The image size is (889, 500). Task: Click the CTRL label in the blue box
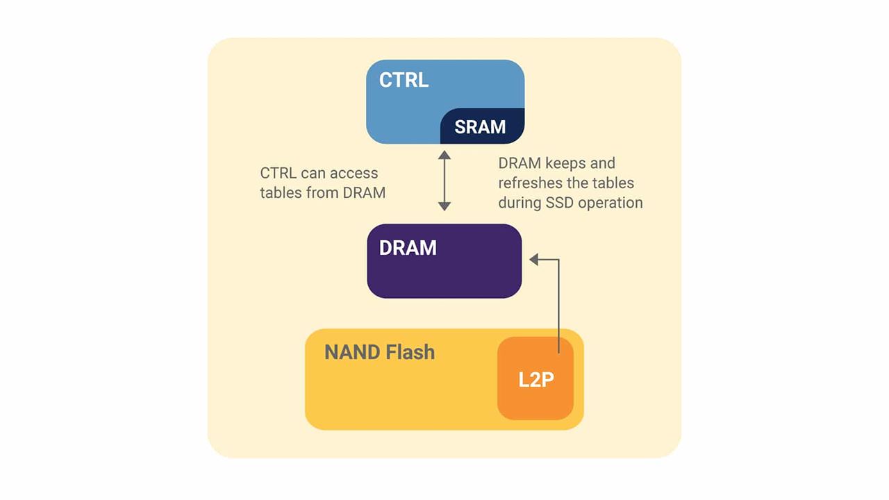(404, 80)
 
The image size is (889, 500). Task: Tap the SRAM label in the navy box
(480, 127)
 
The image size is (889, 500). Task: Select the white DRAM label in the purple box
(408, 248)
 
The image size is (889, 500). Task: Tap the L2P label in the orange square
(535, 380)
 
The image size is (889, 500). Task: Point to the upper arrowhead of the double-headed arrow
(444, 155)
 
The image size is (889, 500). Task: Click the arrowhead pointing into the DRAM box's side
(534, 259)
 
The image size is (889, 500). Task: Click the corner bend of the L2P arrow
(558, 259)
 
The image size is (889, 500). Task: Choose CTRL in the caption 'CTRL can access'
(279, 174)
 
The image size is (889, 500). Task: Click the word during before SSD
(521, 203)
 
